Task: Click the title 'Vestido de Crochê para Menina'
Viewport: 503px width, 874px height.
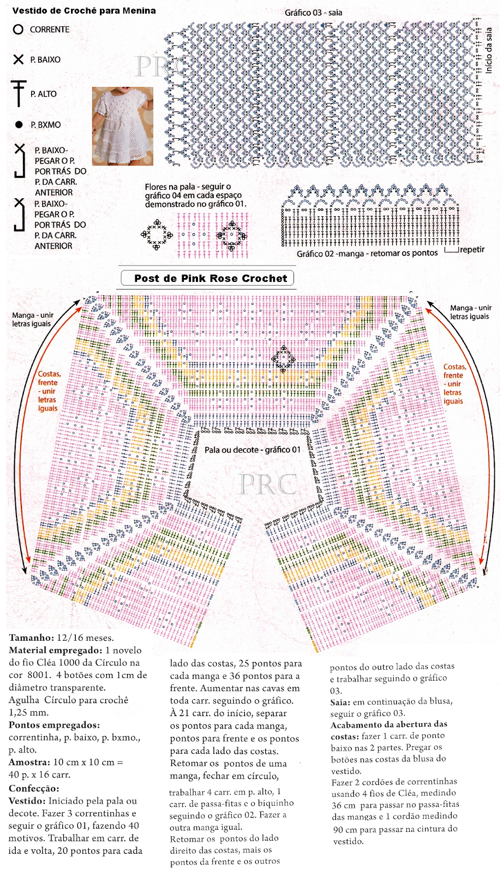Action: [83, 10]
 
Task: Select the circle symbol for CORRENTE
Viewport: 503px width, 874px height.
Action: [18, 29]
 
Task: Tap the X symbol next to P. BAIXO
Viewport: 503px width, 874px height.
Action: [19, 60]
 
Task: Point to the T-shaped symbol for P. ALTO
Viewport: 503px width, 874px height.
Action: [19, 93]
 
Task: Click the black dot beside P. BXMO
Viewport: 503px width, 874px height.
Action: [19, 125]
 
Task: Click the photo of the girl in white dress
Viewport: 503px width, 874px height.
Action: [122, 126]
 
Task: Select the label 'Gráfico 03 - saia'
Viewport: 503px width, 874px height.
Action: [313, 13]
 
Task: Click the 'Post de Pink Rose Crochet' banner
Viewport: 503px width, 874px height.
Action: [210, 278]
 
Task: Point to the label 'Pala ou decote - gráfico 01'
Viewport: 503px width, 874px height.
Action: [252, 450]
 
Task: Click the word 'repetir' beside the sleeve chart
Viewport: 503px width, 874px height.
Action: [471, 250]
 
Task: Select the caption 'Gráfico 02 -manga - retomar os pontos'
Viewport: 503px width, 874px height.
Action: [367, 253]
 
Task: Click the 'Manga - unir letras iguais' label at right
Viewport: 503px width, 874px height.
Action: [470, 312]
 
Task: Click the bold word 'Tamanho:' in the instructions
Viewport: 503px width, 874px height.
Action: [31, 637]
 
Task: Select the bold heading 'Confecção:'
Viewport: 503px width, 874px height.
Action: [34, 788]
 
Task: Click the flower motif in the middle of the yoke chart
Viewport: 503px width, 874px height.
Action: [284, 358]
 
